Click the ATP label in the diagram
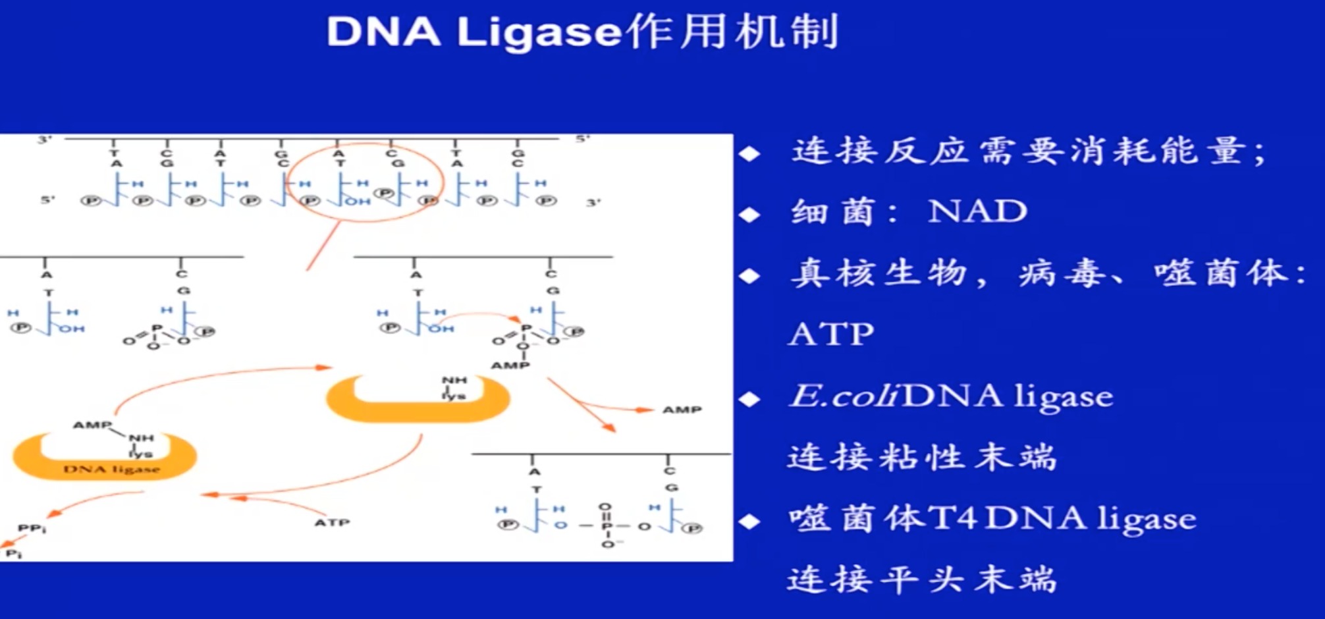[332, 523]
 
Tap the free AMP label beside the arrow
[682, 410]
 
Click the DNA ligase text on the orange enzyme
[111, 470]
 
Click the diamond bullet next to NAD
[749, 215]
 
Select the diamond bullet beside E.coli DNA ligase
[749, 399]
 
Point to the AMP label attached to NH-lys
[92, 425]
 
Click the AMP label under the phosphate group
[510, 365]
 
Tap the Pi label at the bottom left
[14, 554]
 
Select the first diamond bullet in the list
[749, 153]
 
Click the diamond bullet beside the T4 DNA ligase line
[749, 522]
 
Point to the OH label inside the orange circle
[357, 202]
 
